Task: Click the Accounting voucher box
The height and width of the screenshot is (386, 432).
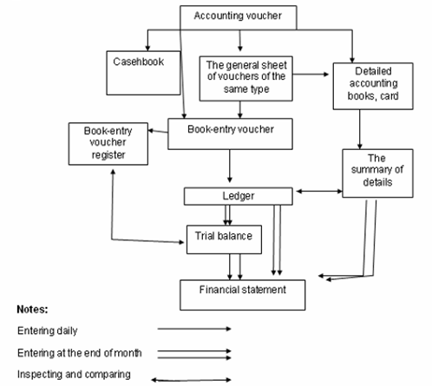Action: (x=239, y=17)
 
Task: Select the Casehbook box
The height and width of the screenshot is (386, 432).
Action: (x=143, y=73)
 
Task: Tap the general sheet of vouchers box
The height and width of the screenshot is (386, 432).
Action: (x=245, y=79)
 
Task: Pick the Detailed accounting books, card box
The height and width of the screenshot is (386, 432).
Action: (x=373, y=86)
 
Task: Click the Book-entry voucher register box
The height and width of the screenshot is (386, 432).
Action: (x=108, y=144)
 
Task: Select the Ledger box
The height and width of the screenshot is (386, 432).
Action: (x=239, y=196)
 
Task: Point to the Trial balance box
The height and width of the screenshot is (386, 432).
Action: (x=224, y=239)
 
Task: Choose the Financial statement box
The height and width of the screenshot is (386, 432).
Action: (x=242, y=295)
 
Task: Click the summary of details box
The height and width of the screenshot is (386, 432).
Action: (x=377, y=173)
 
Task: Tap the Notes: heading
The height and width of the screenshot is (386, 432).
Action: (x=32, y=310)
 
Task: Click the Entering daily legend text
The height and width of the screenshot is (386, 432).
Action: (x=48, y=330)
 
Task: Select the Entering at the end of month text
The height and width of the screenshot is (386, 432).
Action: (x=80, y=353)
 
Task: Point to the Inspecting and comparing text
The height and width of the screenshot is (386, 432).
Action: (x=74, y=374)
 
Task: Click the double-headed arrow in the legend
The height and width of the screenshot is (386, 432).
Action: (x=191, y=380)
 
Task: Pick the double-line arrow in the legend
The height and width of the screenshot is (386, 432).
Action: (x=194, y=355)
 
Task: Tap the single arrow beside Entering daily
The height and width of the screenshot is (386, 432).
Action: (x=194, y=329)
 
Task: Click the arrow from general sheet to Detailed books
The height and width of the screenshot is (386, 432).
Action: (x=311, y=75)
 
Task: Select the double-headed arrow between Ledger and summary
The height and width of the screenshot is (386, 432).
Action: (x=319, y=191)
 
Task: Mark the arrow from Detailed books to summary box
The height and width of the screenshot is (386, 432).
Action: (x=360, y=129)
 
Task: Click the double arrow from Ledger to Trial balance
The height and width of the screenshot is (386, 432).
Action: (x=228, y=215)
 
